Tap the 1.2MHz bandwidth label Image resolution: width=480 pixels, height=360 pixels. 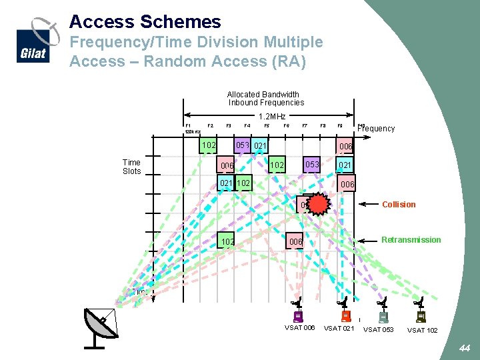pos(272,117)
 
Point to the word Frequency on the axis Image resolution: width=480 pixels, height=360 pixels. pos(377,129)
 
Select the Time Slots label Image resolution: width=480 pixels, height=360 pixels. pos(132,167)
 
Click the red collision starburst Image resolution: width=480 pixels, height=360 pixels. pos(319,205)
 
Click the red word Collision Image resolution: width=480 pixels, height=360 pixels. pos(399,205)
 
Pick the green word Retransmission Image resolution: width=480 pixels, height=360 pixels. pos(411,240)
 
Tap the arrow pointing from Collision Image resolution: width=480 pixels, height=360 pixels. pos(368,205)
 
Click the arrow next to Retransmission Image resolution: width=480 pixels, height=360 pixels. pos(368,240)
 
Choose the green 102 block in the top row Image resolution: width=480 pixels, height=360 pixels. pos(209,145)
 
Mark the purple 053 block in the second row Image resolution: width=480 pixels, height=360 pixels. pos(311,165)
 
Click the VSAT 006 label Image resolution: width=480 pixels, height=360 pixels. pos(300,327)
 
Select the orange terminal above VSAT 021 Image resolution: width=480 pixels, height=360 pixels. pos(345,316)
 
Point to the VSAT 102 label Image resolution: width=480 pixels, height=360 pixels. pos(423,330)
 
